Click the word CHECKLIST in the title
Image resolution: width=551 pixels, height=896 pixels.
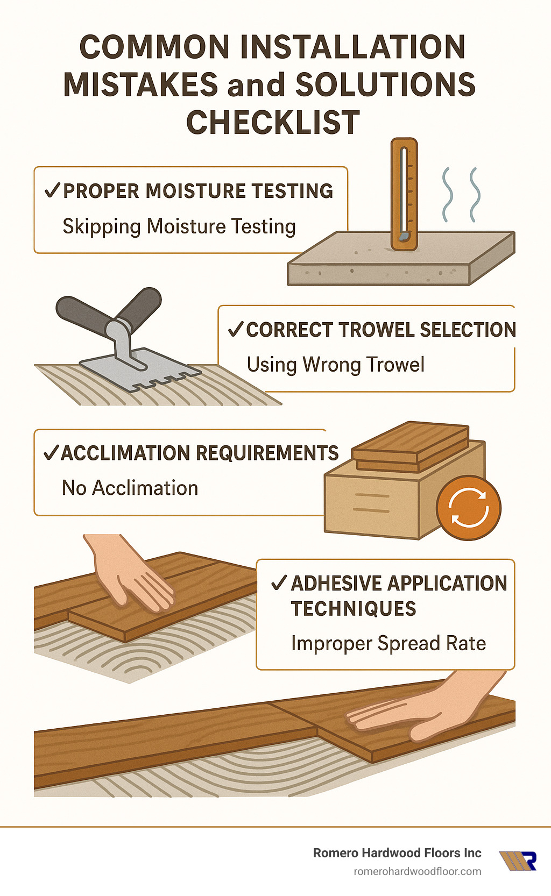(x=273, y=123)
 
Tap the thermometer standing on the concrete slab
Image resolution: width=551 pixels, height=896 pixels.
(x=404, y=194)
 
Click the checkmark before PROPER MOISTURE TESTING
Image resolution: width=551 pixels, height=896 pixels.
(x=52, y=191)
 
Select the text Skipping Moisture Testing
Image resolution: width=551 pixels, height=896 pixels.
(x=179, y=226)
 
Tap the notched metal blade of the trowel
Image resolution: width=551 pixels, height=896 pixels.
(x=140, y=369)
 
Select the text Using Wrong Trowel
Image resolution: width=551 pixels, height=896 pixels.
(x=335, y=365)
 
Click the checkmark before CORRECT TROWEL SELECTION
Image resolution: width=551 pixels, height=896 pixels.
(x=236, y=329)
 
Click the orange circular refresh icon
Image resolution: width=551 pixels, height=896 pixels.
(x=469, y=508)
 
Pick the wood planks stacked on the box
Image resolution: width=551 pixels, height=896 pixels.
(x=411, y=446)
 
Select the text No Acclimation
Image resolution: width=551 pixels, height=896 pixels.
(x=130, y=488)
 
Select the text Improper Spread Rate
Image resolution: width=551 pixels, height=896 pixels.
(x=388, y=643)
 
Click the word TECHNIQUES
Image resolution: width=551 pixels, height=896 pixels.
(x=354, y=609)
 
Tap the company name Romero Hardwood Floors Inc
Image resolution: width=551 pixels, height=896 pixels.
(x=397, y=853)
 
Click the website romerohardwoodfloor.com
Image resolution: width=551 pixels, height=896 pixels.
(x=417, y=871)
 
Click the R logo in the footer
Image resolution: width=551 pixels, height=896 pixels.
(x=519, y=861)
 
